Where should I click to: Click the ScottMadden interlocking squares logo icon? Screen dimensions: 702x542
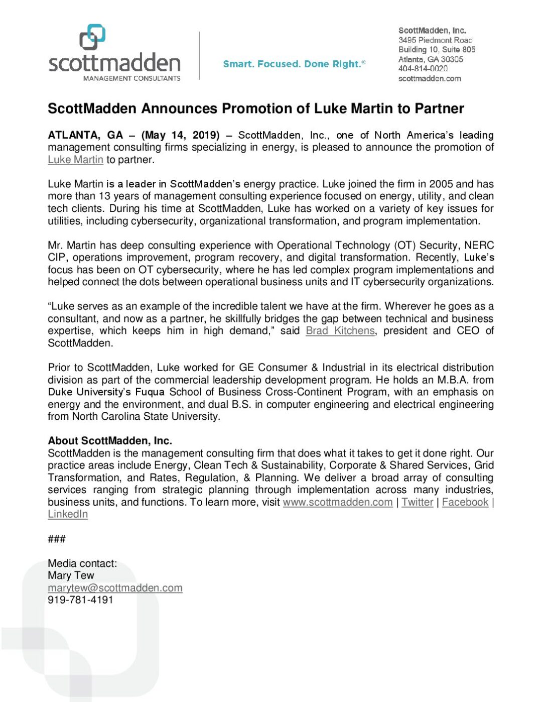click(92, 37)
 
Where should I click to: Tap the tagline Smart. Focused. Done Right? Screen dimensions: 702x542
click(294, 64)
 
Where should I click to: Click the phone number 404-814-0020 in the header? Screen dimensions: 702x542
click(423, 69)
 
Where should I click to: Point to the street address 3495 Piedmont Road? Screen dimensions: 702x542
click(435, 40)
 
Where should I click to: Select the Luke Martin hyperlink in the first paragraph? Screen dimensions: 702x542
click(75, 160)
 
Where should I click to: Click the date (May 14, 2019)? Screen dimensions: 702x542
click(181, 135)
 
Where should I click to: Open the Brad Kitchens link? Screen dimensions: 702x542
click(340, 331)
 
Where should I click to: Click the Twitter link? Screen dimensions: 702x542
click(417, 502)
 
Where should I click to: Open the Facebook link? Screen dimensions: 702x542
click(465, 502)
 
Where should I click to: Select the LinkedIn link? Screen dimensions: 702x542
click(68, 514)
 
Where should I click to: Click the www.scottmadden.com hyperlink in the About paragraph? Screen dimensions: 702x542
click(337, 502)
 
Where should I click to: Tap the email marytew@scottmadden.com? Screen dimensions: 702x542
click(115, 588)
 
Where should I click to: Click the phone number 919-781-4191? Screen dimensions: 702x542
click(80, 600)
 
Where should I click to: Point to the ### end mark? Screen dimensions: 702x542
click(56, 539)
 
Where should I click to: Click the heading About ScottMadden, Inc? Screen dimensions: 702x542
click(110, 441)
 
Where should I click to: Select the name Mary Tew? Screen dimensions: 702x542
click(71, 575)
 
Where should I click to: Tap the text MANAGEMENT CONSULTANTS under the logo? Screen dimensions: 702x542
click(131, 78)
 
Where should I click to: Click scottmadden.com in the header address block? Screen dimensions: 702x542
click(429, 79)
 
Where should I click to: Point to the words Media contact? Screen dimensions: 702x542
click(82, 563)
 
